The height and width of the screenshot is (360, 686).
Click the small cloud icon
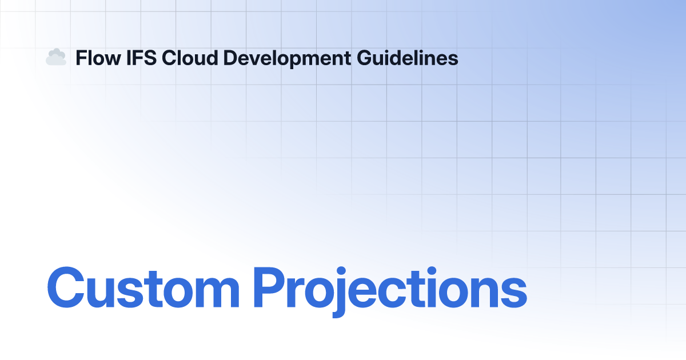(x=55, y=57)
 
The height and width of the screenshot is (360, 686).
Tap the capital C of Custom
(x=66, y=287)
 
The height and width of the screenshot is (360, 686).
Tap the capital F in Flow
(x=80, y=58)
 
